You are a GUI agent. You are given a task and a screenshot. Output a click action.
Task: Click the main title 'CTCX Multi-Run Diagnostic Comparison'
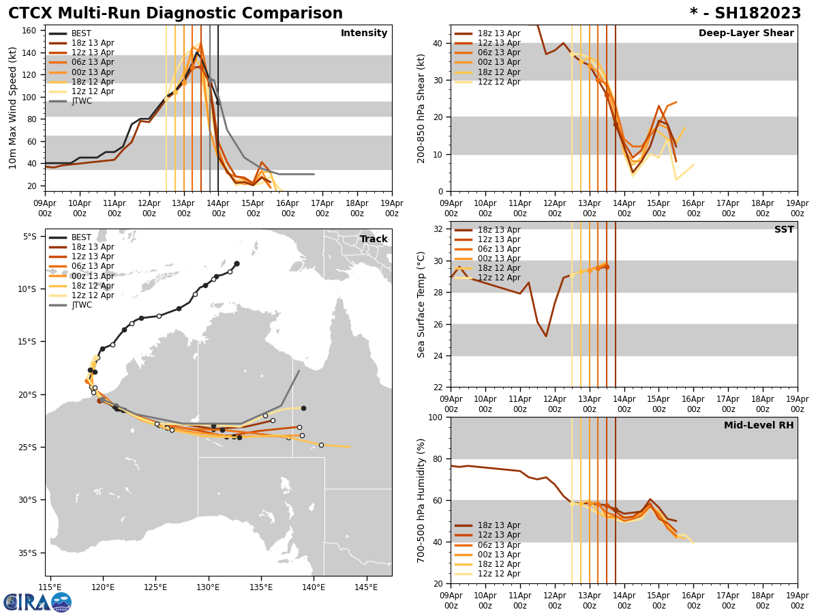point(175,14)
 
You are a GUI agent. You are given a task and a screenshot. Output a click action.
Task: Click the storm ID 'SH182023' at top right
point(753,14)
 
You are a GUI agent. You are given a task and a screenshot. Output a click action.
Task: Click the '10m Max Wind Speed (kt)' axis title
point(12,108)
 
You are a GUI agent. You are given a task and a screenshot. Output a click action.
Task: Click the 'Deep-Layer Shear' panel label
point(746,33)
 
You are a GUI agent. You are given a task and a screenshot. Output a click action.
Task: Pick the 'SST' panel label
point(784,230)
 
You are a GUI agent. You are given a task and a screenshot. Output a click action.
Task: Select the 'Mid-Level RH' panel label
point(759,426)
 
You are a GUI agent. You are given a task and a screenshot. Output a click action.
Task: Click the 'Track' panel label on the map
point(374,239)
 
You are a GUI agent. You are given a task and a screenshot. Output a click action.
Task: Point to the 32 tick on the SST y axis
point(438,229)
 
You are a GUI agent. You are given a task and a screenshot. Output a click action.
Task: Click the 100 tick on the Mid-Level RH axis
point(436,418)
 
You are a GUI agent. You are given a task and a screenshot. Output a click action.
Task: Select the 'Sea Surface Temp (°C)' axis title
point(421,304)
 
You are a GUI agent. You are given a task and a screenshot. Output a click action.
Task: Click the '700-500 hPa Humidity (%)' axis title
point(421,500)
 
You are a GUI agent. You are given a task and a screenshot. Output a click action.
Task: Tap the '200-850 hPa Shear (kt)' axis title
point(421,108)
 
